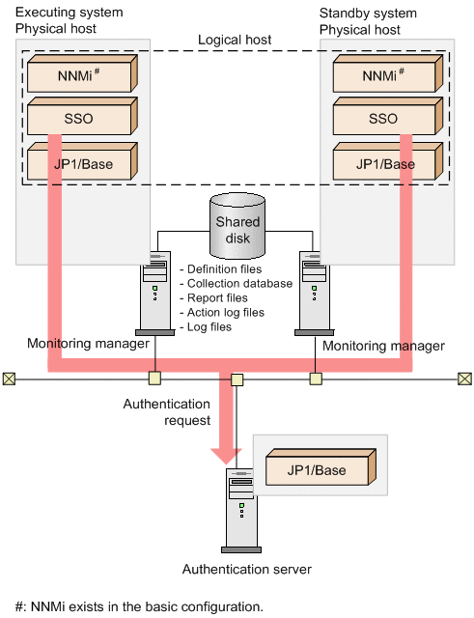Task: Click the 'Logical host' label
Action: coord(235,40)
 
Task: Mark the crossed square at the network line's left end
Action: coord(10,379)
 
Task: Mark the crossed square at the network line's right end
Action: coord(464,379)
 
